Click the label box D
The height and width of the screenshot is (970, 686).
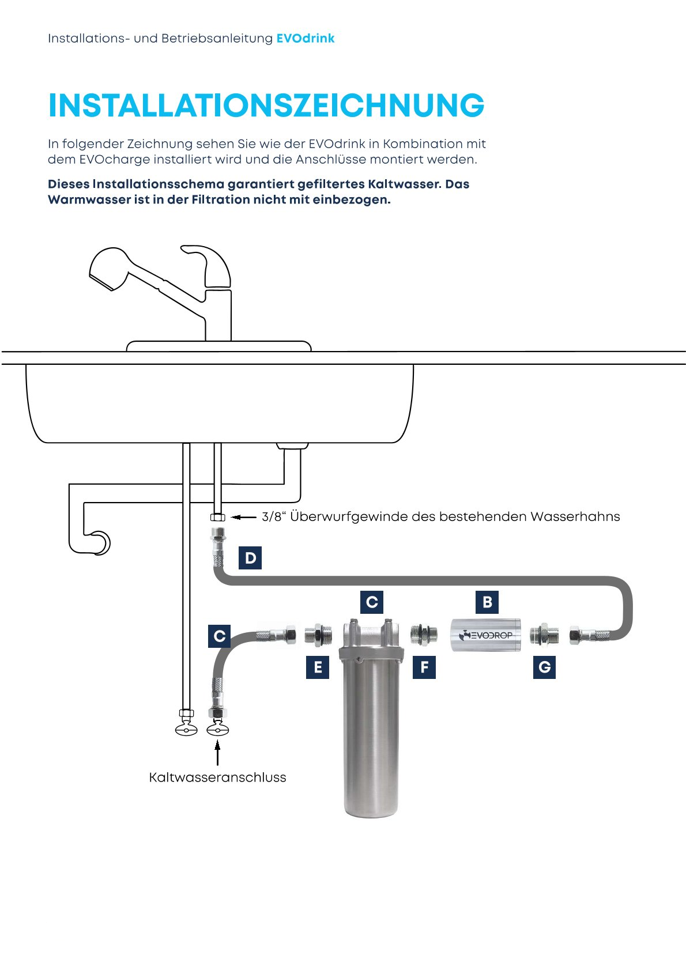250,558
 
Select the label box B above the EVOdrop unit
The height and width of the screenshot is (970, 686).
487,602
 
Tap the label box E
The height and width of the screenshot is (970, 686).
318,667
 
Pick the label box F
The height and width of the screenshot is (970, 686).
424,667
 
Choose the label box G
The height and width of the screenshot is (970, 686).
544,667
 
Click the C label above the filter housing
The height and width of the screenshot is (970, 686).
372,602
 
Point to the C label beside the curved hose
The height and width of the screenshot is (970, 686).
219,636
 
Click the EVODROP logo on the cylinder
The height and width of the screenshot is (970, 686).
485,635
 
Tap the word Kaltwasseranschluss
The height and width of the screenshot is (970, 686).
217,777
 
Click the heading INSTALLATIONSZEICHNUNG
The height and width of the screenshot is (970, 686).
266,106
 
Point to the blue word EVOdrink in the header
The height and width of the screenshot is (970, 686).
306,39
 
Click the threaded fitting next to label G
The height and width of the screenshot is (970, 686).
544,635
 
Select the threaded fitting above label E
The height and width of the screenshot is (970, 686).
318,635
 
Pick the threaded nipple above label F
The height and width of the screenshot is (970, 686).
424,635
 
